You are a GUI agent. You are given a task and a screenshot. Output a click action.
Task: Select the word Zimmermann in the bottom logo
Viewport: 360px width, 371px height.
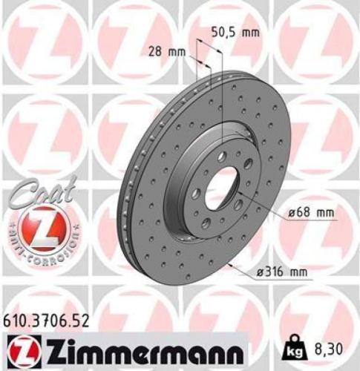[143, 348]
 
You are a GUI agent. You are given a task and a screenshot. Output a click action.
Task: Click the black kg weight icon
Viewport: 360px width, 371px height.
[293, 347]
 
